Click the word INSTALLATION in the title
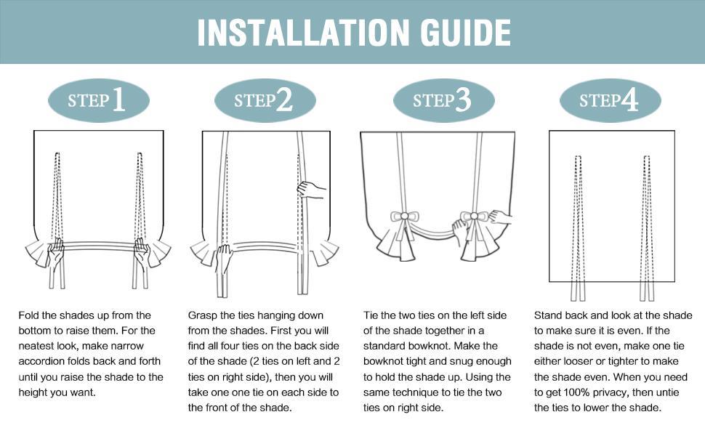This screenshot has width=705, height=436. (288, 32)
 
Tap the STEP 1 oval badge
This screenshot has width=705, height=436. (98, 100)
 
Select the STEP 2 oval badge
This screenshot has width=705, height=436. (265, 100)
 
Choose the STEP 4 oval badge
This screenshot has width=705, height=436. (609, 100)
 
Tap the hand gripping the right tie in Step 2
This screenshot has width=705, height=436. (310, 190)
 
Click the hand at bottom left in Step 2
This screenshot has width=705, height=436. (224, 257)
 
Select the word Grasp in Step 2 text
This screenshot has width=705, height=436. (204, 315)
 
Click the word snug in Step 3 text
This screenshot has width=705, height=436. (467, 361)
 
